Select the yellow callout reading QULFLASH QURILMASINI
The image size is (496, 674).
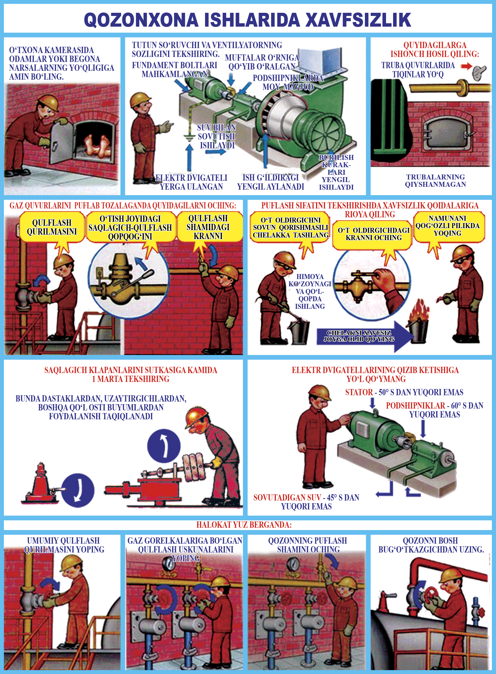pyautogui.click(x=52, y=227)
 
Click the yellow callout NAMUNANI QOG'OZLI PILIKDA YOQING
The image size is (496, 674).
pyautogui.click(x=447, y=226)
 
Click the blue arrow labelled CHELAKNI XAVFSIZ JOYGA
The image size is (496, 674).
pyautogui.click(x=365, y=336)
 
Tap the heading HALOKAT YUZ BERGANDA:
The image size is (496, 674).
pyautogui.click(x=244, y=525)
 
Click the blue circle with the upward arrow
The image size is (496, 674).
pyautogui.click(x=164, y=446)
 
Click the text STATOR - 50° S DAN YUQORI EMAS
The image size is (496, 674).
pyautogui.click(x=404, y=392)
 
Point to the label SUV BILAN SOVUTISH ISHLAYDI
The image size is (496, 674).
pyautogui.click(x=217, y=136)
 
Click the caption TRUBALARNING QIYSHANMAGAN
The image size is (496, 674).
pyautogui.click(x=435, y=181)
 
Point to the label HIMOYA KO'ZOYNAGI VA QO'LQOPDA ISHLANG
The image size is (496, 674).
pyautogui.click(x=310, y=291)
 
